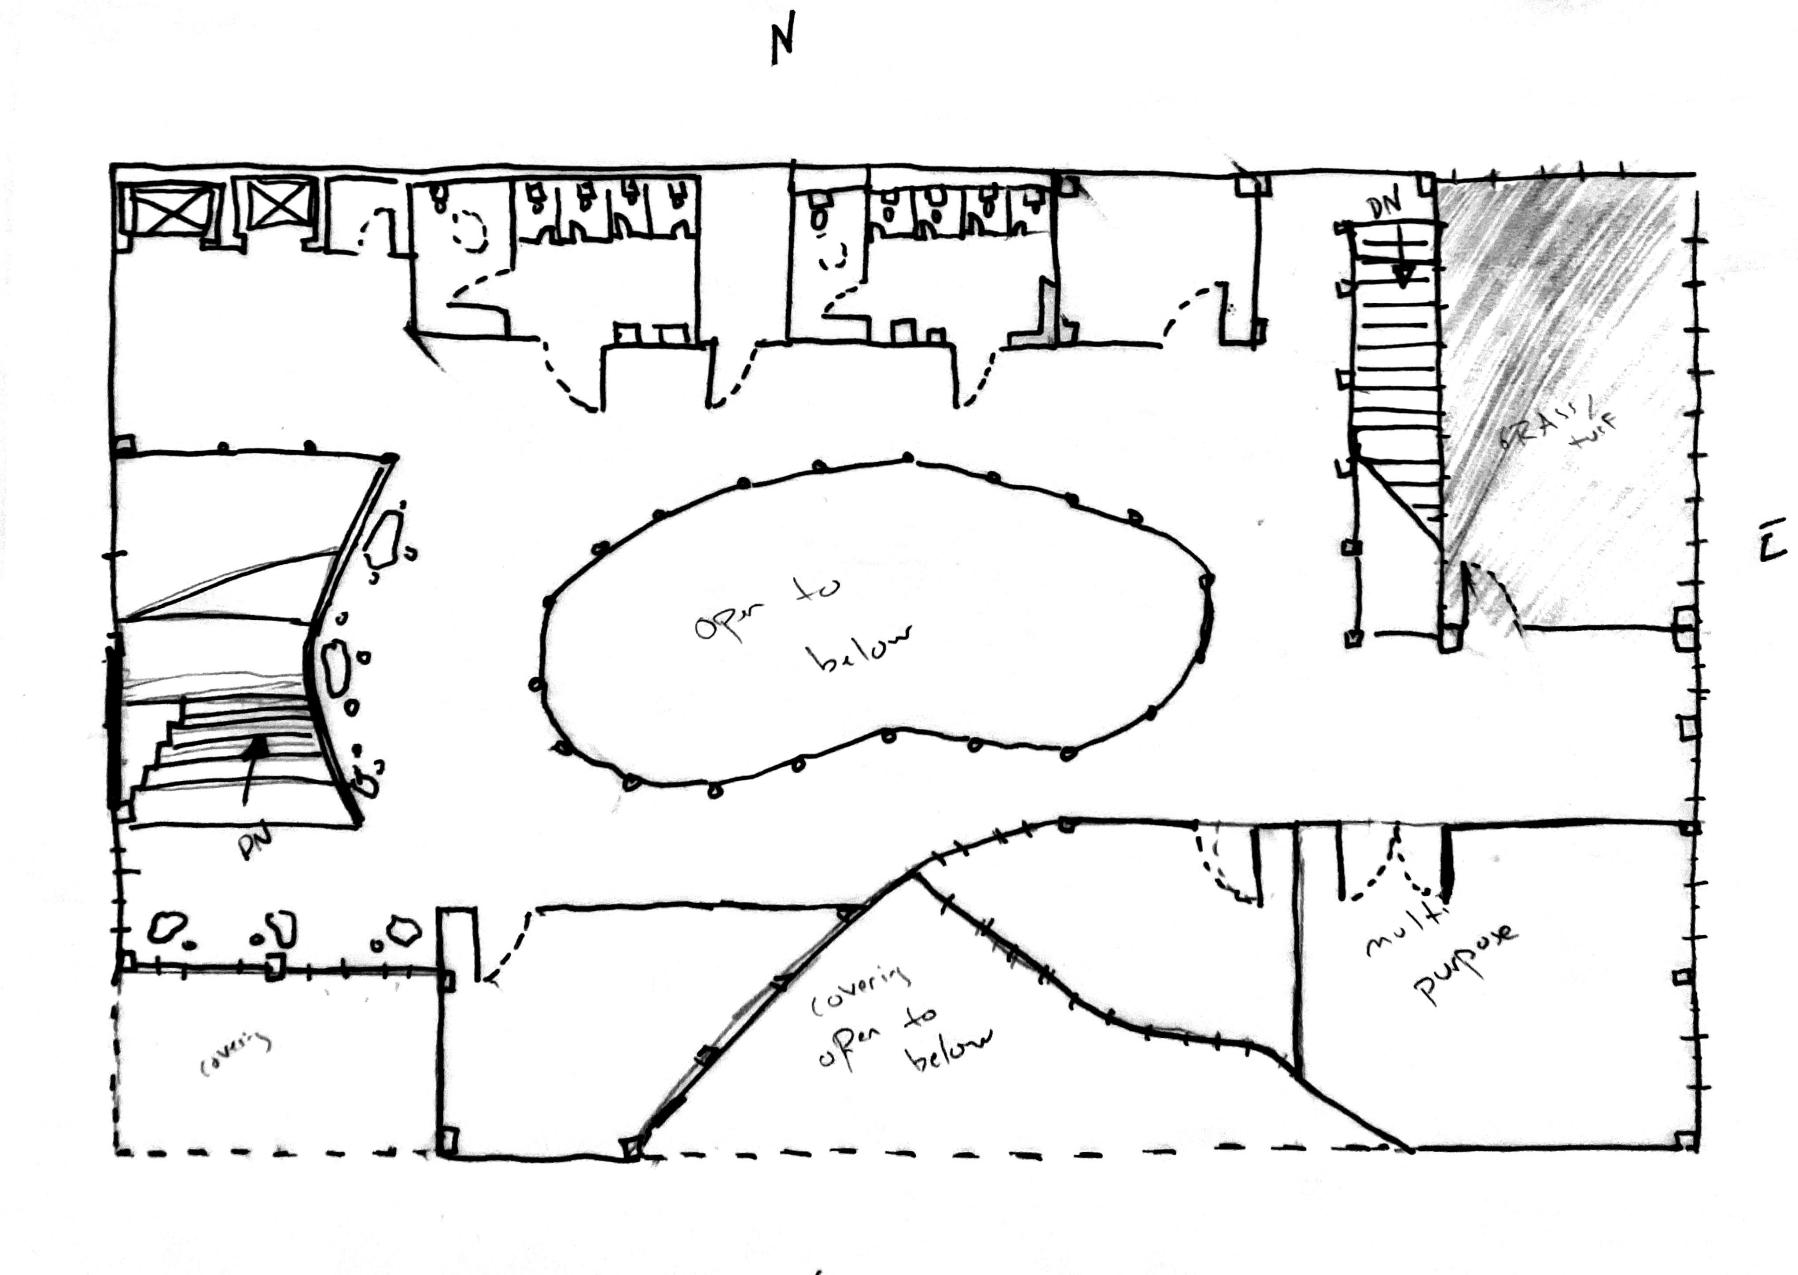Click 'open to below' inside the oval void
801,628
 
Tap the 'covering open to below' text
895,1021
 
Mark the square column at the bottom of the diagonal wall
630,1149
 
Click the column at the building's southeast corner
1684,1141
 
